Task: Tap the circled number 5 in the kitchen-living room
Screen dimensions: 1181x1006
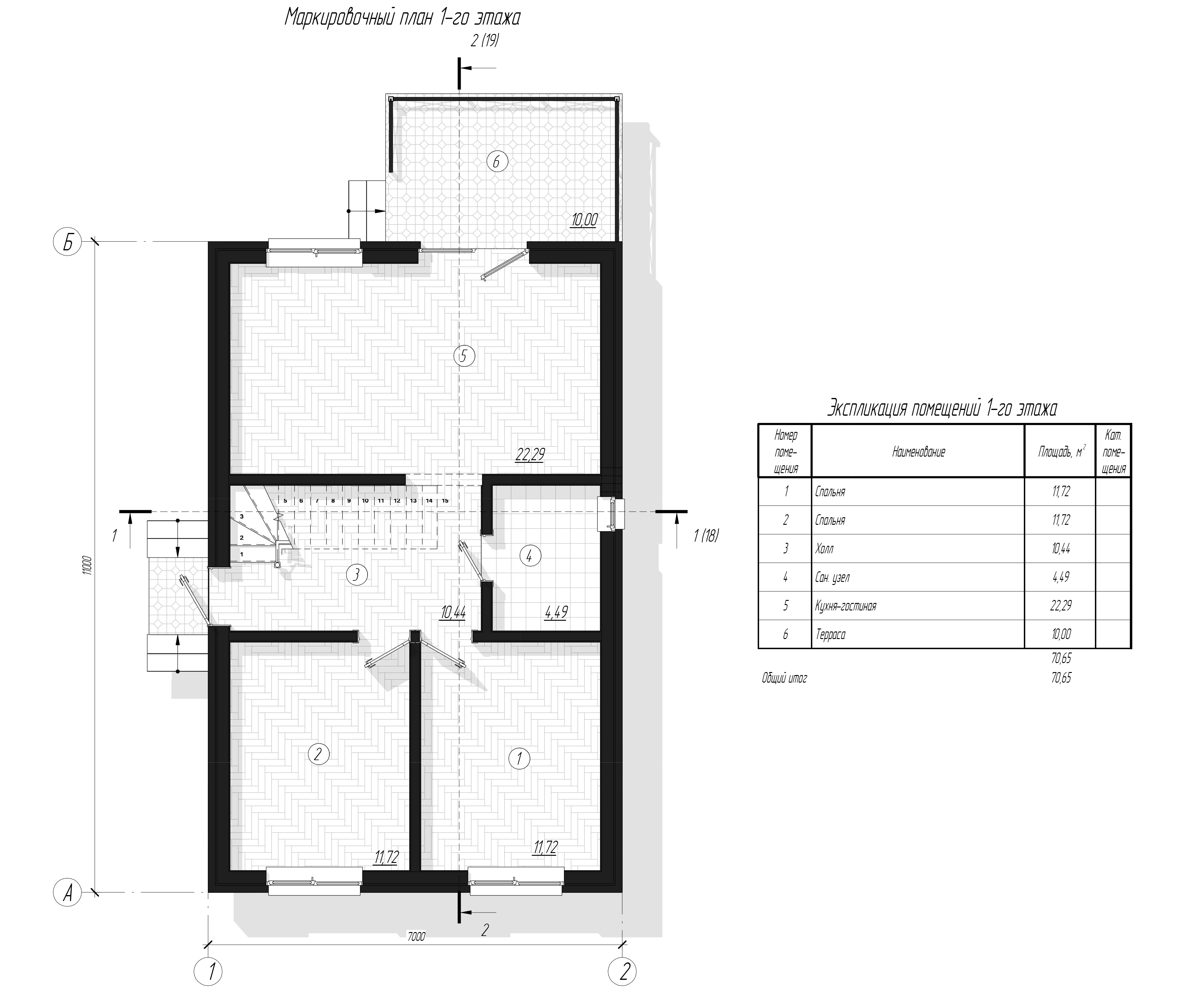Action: coord(463,356)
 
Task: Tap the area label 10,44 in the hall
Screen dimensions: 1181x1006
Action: coord(453,613)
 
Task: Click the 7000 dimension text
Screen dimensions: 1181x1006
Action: coord(416,937)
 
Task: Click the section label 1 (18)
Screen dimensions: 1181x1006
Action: coord(706,536)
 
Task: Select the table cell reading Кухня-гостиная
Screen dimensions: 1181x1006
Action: coord(846,606)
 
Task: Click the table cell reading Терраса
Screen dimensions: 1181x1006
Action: coord(831,634)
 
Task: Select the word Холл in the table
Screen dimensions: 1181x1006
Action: coord(824,549)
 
